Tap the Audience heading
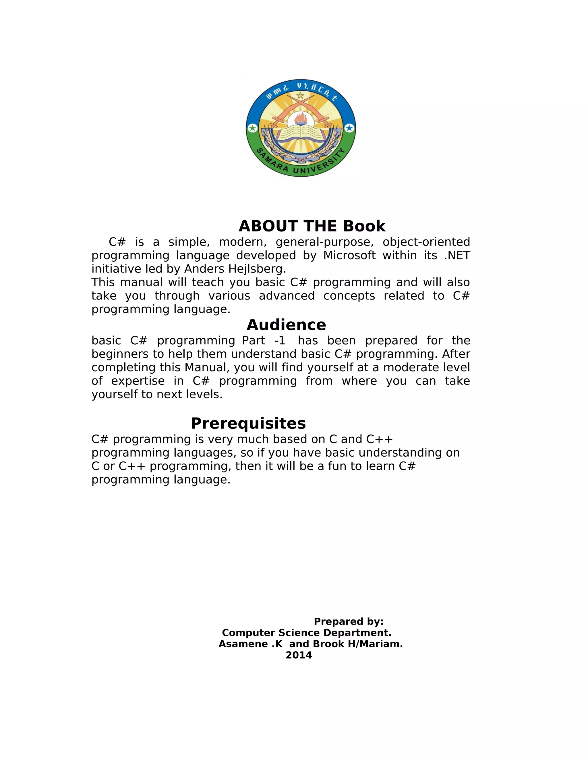pyautogui.click(x=286, y=325)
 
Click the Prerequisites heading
pyautogui.click(x=248, y=423)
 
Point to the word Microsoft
pyautogui.click(x=349, y=255)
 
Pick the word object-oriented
pyautogui.click(x=426, y=242)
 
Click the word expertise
pyautogui.click(x=138, y=381)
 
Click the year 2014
pyautogui.click(x=299, y=655)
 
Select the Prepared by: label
pyautogui.click(x=348, y=622)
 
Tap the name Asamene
pyautogui.click(x=243, y=644)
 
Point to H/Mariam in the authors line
pyautogui.click(x=376, y=644)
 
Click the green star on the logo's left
pyautogui.click(x=252, y=128)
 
